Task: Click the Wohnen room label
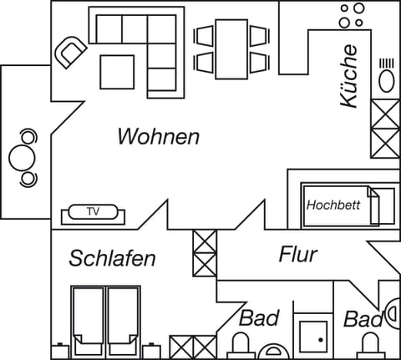158,136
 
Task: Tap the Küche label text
349,76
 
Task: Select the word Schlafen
113,258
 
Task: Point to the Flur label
297,253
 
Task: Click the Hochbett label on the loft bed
333,205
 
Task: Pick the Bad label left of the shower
258,318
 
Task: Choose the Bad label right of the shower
363,319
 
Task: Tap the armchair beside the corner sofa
69,52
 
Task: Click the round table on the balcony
21,157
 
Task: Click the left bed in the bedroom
86,317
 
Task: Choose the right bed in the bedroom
123,317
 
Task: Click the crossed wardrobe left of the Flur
205,252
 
